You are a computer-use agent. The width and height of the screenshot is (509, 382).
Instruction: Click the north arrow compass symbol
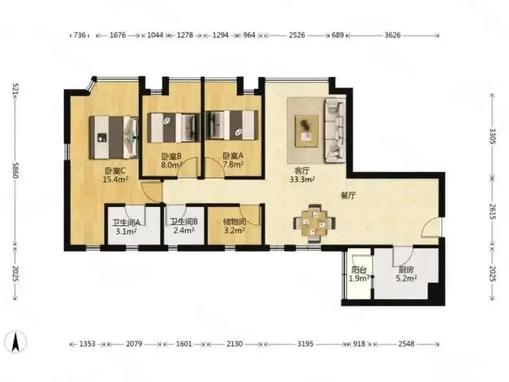[15, 342]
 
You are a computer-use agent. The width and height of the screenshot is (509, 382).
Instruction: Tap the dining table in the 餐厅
[314, 223]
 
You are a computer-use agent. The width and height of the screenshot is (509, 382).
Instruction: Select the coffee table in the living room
[307, 131]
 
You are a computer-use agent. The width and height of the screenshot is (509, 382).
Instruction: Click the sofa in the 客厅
[335, 130]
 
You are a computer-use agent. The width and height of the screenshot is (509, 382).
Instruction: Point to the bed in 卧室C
[114, 137]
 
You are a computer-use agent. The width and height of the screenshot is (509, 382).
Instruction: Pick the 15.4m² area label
[115, 179]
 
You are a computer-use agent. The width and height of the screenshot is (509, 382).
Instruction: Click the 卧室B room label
[172, 156]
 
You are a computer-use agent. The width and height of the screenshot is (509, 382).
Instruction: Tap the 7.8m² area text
[233, 164]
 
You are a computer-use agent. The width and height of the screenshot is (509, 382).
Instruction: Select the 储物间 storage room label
[234, 222]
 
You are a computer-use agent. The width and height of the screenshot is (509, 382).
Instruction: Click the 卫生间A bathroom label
[126, 223]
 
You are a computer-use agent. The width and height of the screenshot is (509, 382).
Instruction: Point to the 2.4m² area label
[184, 230]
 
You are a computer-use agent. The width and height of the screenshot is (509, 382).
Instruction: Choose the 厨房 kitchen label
[406, 270]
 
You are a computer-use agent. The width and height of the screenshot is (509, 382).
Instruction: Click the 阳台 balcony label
[359, 270]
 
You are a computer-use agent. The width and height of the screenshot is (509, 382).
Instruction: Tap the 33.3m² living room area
[302, 179]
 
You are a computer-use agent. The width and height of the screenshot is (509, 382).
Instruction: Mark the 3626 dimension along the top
[392, 35]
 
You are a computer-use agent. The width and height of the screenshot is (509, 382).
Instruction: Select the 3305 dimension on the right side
[493, 136]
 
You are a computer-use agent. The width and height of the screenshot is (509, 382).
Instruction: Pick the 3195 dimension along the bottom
[305, 344]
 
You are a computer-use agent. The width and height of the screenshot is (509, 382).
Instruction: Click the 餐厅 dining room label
[348, 196]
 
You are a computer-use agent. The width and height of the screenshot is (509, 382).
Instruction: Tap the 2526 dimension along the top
[297, 35]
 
